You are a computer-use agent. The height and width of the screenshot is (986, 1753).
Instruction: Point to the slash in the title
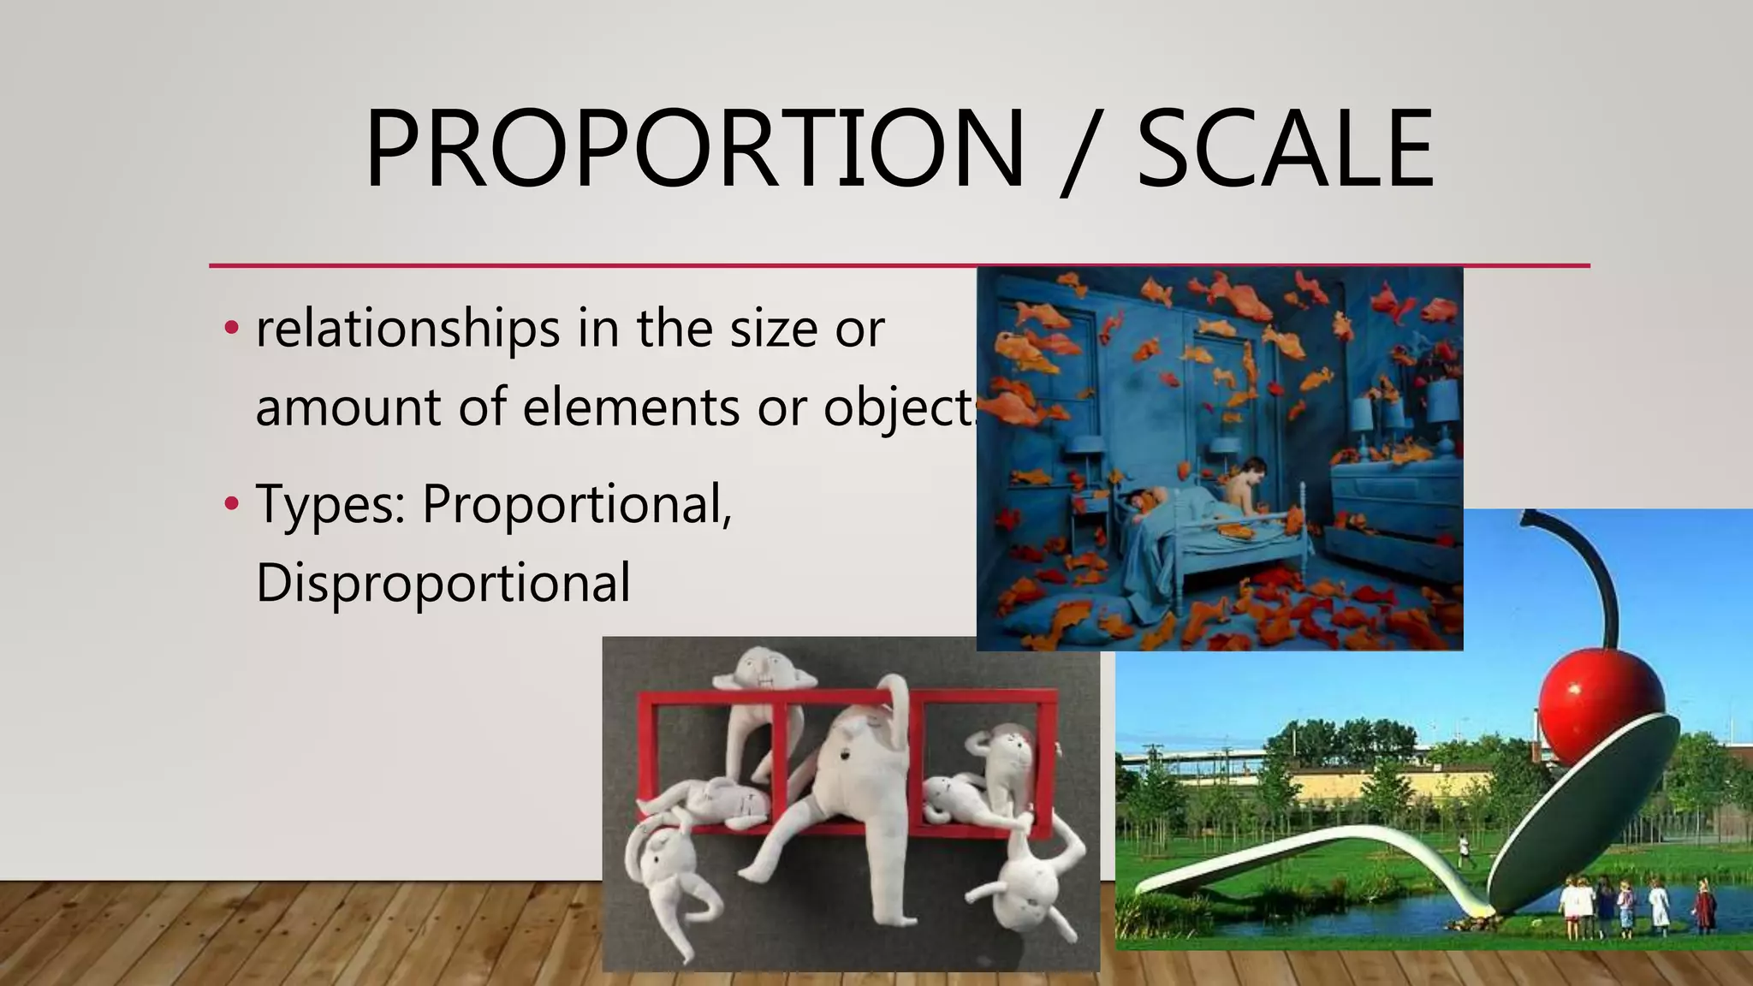(x=1081, y=152)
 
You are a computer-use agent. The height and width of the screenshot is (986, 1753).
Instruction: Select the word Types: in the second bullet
(x=330, y=505)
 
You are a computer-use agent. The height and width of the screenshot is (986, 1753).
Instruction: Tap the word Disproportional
(x=443, y=583)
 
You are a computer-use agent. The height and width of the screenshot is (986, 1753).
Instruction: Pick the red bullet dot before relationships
(x=230, y=328)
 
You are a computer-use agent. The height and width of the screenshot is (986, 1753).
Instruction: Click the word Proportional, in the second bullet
(x=577, y=505)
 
